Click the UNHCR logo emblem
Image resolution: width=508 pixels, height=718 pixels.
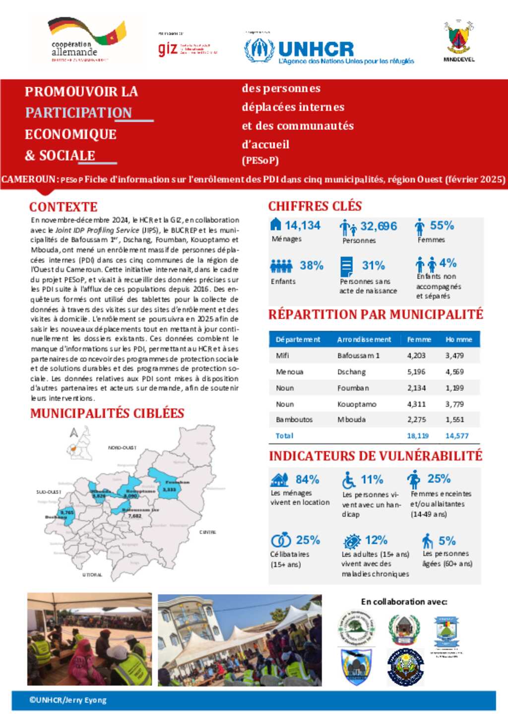259,50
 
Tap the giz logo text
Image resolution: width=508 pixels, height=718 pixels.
168,49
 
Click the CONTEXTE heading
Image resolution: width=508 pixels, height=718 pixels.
63,207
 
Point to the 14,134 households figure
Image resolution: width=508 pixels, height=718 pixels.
303,225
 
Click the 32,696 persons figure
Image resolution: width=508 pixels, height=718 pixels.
379,226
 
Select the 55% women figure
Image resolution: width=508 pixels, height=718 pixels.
442,225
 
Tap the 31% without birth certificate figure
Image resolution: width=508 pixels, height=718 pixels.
374,266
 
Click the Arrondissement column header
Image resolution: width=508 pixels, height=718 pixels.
364,340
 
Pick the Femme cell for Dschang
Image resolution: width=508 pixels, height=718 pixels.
416,372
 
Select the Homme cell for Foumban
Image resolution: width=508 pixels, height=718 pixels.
454,388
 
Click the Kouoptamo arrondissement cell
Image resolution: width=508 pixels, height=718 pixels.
357,404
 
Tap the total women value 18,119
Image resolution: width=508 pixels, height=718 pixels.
418,436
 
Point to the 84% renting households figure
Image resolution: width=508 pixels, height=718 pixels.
307,480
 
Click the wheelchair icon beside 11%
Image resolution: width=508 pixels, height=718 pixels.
349,480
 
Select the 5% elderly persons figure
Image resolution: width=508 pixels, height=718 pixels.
447,541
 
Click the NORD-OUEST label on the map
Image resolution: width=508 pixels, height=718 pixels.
122,448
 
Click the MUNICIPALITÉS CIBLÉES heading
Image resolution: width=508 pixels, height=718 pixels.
107,414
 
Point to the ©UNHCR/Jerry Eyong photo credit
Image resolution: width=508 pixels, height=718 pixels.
68,701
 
